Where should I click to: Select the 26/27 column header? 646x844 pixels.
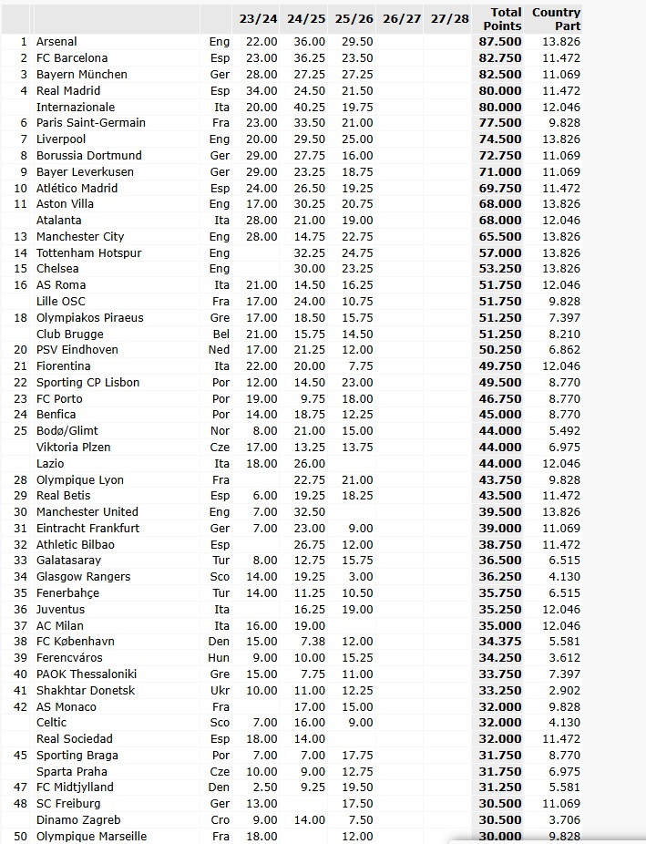402,19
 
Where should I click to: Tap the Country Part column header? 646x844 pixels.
556,19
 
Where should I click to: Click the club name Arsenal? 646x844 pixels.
56,42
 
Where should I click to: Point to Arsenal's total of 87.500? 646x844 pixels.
501,42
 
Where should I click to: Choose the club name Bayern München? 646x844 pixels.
81,74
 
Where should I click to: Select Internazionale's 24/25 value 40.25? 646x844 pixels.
306,107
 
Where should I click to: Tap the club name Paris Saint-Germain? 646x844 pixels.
90,123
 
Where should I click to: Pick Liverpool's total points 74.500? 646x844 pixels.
501,139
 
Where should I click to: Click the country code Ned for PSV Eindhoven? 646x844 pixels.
220,350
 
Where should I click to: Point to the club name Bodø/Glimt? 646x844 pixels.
67,431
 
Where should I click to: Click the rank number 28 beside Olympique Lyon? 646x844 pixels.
22,480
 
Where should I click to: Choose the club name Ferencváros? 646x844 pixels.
69,658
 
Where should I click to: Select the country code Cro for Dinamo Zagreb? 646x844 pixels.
220,820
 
